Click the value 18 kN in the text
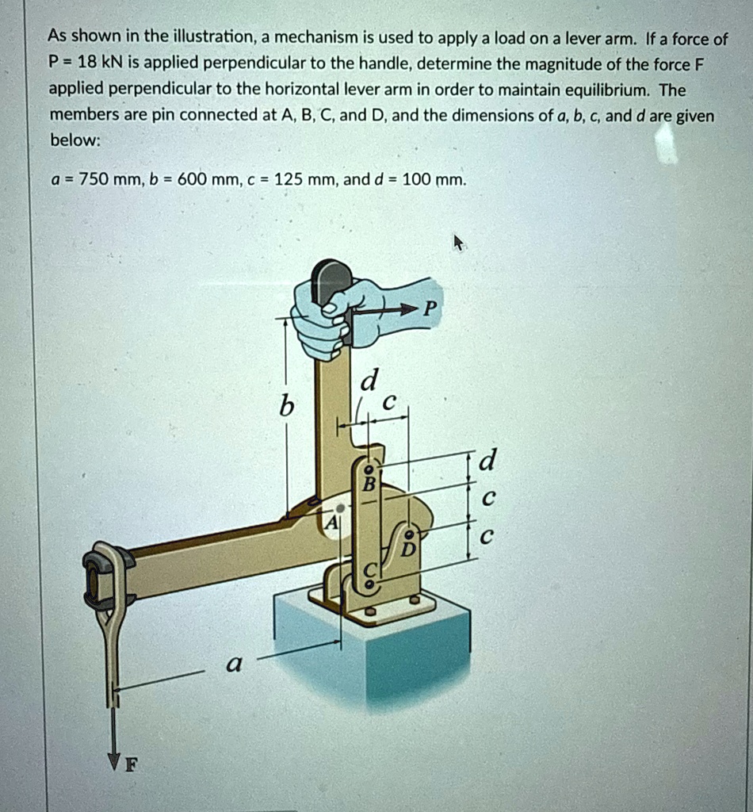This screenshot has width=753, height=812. pyautogui.click(x=83, y=63)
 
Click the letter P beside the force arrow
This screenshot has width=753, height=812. pyautogui.click(x=429, y=308)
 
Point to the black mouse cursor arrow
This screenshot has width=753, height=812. pyautogui.click(x=458, y=243)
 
